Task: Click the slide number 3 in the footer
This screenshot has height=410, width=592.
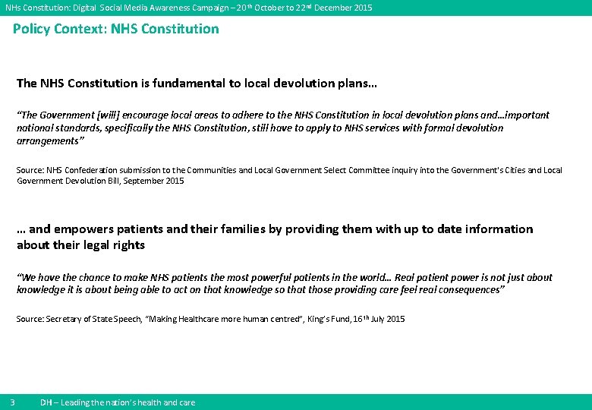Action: [13, 402]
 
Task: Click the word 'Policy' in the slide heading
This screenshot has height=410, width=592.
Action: [33, 30]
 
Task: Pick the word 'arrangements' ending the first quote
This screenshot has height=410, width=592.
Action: [47, 141]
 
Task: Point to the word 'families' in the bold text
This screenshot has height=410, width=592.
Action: [225, 229]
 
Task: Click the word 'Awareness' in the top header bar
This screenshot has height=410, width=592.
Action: [160, 8]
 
